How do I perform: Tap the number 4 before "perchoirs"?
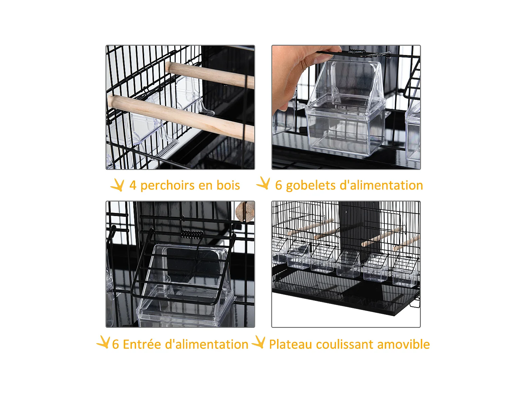(133, 186)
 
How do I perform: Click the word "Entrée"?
(142, 345)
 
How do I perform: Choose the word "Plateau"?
(290, 345)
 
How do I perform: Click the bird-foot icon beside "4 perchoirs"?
(117, 185)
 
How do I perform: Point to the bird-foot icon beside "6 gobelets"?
(263, 183)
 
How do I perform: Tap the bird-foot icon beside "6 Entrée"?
(103, 342)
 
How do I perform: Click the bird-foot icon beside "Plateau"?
(259, 342)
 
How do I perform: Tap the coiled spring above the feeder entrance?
(191, 234)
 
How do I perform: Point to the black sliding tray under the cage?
(351, 298)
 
